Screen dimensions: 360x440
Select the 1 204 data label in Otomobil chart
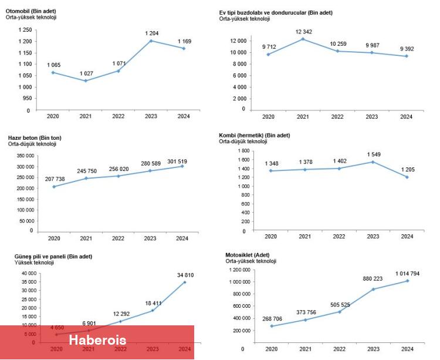click(x=152, y=33)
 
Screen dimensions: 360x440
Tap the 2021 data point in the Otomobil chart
click(x=86, y=80)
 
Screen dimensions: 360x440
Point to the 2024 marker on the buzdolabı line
click(x=406, y=56)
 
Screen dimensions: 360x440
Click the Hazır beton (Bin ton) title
click(x=35, y=138)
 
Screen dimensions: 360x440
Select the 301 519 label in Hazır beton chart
click(x=182, y=160)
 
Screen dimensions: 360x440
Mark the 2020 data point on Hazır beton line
click(x=54, y=187)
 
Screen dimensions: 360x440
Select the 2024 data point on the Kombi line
click(x=406, y=177)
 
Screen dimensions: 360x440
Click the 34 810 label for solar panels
click(x=184, y=275)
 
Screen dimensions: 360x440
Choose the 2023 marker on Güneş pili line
click(x=152, y=310)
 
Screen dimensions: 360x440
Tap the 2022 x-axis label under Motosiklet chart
click(x=339, y=349)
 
